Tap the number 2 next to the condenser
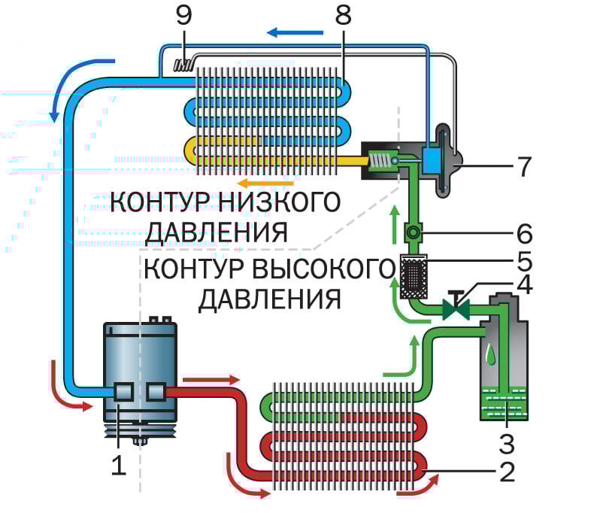pos(506,471)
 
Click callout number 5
pos(525,261)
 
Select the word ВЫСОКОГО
pos(323,269)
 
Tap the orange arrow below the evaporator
pos(255,183)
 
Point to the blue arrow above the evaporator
pos(295,32)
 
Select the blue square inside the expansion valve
pos(434,159)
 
